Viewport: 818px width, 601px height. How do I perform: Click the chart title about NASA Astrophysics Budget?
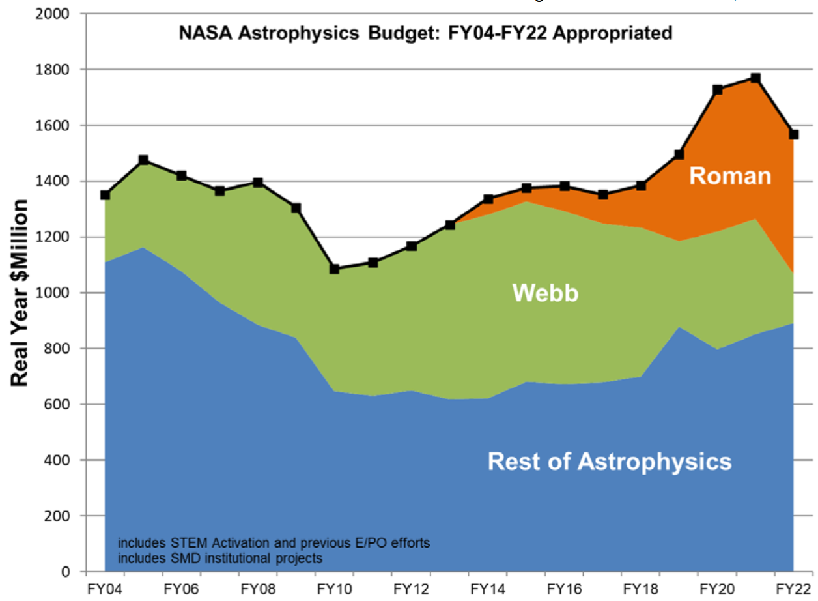click(425, 33)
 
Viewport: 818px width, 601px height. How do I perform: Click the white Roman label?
click(730, 176)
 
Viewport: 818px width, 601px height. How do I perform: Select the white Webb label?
click(545, 293)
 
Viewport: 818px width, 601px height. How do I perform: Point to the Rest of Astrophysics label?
click(610, 462)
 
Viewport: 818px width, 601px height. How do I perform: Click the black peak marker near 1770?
click(755, 78)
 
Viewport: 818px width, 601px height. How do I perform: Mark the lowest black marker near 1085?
click(335, 269)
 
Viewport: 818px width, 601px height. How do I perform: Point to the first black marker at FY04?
click(105, 195)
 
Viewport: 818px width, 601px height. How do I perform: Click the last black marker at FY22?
click(794, 134)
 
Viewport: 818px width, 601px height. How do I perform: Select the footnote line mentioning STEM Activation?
click(274, 543)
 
